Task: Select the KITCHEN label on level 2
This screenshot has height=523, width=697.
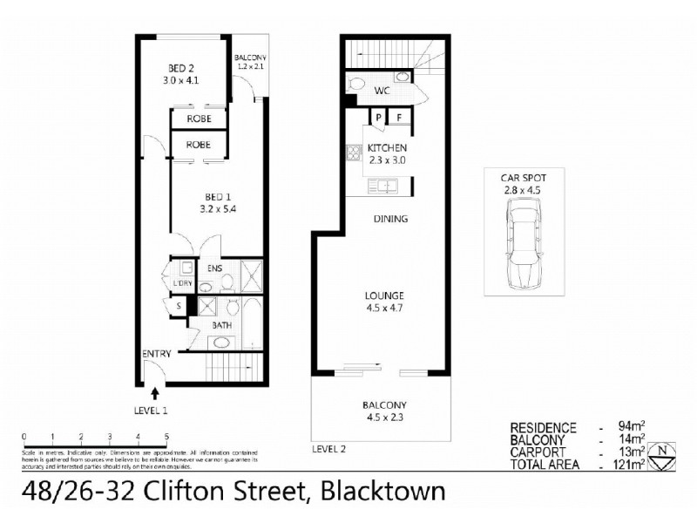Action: tap(387, 148)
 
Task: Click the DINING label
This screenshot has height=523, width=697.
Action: tap(390, 219)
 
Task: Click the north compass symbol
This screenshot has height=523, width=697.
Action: tap(667, 453)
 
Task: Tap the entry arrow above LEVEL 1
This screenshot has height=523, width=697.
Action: tap(155, 394)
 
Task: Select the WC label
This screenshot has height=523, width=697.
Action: tap(381, 91)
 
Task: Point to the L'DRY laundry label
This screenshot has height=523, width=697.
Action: tap(182, 284)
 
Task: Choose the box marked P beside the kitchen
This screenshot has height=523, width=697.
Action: tap(379, 118)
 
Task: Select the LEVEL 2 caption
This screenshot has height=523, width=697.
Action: tap(331, 449)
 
